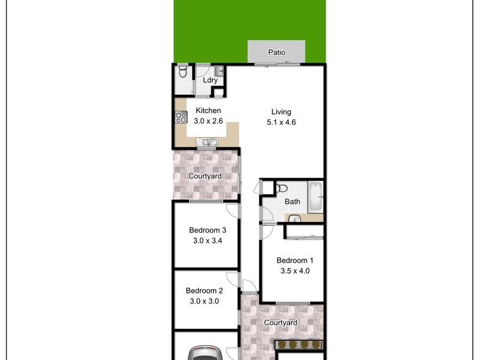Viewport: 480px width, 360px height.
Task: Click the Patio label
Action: (x=277, y=52)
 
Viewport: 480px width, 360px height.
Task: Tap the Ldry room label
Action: (x=210, y=80)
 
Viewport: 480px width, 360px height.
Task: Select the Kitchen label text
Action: (x=208, y=110)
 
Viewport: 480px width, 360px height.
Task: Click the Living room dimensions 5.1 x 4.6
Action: (x=281, y=122)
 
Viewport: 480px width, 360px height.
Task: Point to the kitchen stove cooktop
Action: (x=181, y=118)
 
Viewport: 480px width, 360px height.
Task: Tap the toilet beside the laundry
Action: (x=183, y=73)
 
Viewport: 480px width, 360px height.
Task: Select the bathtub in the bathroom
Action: (x=316, y=196)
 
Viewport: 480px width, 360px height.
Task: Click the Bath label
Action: (x=292, y=202)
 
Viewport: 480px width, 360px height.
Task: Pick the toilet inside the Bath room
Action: (x=281, y=188)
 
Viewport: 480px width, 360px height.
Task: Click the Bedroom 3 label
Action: (x=207, y=230)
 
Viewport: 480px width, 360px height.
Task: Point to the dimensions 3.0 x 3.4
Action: (x=207, y=241)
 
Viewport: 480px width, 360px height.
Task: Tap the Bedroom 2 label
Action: (x=204, y=290)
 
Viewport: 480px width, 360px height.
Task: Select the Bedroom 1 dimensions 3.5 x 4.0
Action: (x=295, y=271)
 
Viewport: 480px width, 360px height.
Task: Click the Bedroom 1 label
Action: (x=295, y=260)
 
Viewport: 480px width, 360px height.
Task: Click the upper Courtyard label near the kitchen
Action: (x=205, y=176)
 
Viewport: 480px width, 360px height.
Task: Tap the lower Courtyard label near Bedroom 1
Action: (x=281, y=323)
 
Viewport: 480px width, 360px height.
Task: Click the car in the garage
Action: (x=206, y=353)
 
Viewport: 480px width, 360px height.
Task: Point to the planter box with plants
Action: (x=299, y=345)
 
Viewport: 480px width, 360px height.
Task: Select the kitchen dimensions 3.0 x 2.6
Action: (x=208, y=121)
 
